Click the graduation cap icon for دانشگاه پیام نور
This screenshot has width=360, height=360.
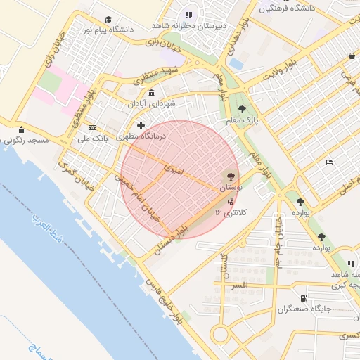tap(108, 19)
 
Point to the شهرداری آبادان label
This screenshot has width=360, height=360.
tap(151, 103)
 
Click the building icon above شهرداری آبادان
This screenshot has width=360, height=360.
tap(151, 93)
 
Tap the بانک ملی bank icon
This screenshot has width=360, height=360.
tap(92, 127)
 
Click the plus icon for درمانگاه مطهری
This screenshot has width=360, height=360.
tap(141, 124)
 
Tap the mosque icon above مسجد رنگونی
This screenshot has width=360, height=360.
tap(21, 129)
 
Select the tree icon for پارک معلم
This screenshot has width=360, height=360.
tap(242, 109)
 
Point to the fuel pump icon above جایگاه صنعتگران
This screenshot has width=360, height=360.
tap(303, 298)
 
